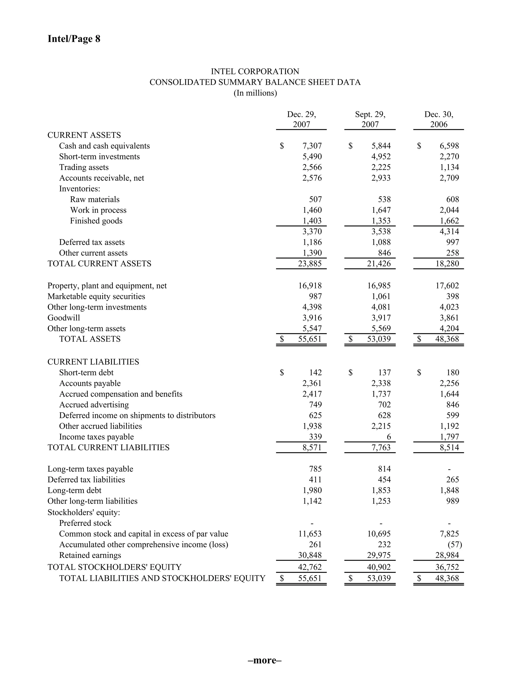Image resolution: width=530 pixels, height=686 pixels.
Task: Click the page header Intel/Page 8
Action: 74,39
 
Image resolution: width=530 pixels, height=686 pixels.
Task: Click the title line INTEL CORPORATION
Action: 255,72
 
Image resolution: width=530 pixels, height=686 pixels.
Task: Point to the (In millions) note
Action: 255,93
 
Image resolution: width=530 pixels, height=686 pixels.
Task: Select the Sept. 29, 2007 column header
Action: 370,119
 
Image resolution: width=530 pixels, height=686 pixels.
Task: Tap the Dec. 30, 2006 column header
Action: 439,119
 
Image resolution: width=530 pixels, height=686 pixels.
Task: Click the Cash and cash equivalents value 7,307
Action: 312,146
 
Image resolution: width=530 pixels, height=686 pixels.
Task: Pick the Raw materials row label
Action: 94,199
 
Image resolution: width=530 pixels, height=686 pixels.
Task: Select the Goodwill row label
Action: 64,318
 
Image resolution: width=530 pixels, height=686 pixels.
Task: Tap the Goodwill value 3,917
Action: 381,318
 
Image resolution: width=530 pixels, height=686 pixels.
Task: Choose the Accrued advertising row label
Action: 94,405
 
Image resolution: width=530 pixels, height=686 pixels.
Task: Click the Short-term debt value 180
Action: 453,373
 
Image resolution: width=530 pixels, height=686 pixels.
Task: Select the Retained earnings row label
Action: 90,555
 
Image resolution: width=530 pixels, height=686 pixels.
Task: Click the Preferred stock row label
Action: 85,523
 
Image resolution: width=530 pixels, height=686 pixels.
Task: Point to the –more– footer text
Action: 265,660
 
